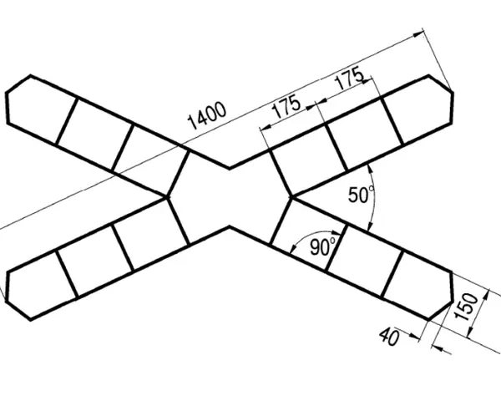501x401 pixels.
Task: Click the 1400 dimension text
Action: coord(207,115)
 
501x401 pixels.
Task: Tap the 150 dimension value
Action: coord(467,307)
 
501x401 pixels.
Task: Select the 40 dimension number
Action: coord(390,337)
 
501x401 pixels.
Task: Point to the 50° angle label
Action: coord(361,195)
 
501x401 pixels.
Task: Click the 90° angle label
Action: coord(323,246)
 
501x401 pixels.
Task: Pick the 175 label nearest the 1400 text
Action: coord(286,107)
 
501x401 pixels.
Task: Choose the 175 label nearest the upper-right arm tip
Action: coord(349,78)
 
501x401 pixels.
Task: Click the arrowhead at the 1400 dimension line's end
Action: coord(418,33)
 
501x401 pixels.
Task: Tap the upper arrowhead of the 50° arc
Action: coord(370,169)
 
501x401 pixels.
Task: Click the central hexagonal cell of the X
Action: coord(230,197)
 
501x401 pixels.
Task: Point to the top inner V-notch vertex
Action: coord(230,168)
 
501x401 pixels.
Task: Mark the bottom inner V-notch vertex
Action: coord(230,226)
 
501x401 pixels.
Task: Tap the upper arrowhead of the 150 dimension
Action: coord(486,294)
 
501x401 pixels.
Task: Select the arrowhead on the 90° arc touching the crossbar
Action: coord(336,232)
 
